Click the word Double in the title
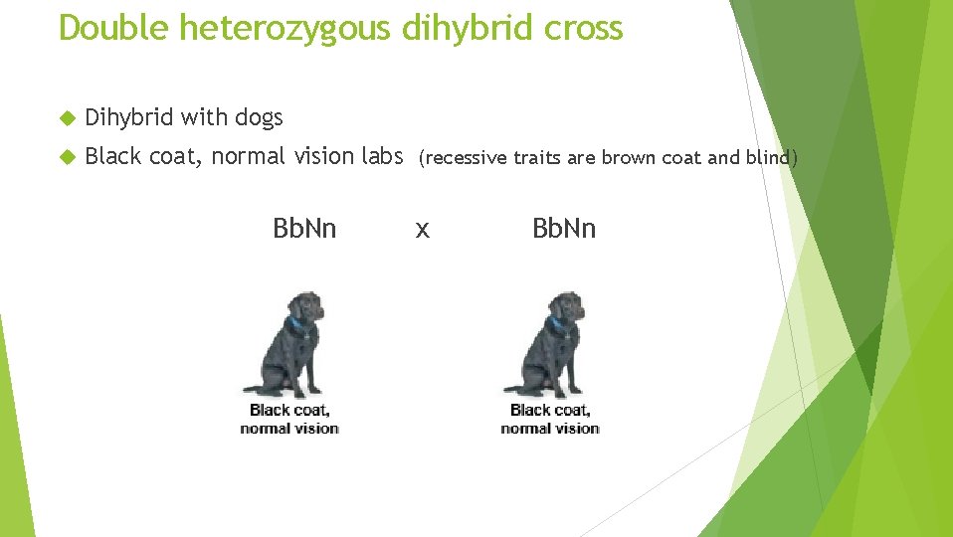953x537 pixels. coord(114,28)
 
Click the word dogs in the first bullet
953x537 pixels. coord(259,118)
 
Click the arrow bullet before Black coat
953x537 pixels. coord(67,156)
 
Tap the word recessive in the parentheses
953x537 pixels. coord(461,157)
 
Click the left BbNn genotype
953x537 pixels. coord(304,229)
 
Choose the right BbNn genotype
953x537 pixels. coord(564,229)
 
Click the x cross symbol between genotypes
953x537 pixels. coord(423,231)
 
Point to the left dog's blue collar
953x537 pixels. coord(295,323)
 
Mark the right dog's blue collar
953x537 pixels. coord(556,323)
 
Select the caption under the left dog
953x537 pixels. coord(289,419)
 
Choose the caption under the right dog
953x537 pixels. coord(550,419)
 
